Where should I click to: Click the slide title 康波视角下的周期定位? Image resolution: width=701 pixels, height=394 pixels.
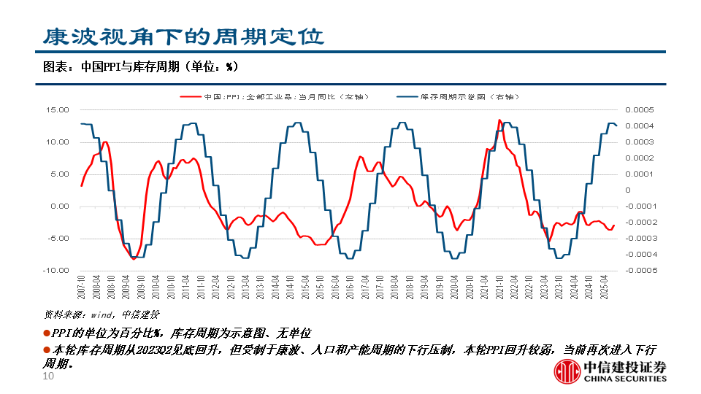pos(182,36)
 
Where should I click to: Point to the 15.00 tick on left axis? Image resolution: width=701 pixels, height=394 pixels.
pos(58,110)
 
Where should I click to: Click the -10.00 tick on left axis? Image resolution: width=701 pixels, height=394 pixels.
pos(56,271)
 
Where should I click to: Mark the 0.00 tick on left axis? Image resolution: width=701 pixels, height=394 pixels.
pos(59,206)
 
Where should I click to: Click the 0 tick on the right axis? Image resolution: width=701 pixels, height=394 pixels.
pos(627,190)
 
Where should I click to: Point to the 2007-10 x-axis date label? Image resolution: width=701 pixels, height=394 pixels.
pos(81,285)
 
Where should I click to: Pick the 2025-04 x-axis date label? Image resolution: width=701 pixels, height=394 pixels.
pos(604,285)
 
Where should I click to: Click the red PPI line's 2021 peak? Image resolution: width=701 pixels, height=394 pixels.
pos(499,120)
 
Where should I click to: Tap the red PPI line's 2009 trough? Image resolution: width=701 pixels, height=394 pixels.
pos(133,258)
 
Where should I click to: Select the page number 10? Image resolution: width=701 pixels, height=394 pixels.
pos(49,376)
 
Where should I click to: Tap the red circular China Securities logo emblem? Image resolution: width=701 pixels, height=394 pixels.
pos(566,371)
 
